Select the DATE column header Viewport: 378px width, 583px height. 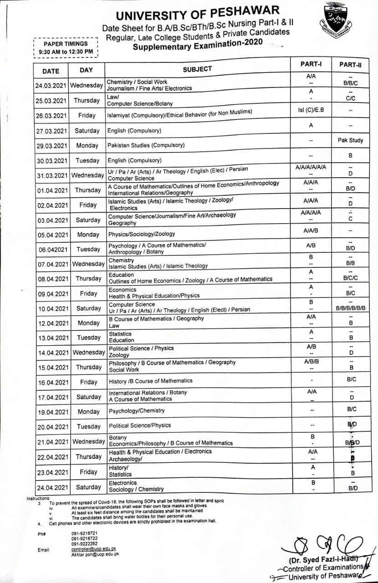pos(51,71)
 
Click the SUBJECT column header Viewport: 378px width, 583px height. pos(197,69)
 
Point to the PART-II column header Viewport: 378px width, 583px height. pos(350,65)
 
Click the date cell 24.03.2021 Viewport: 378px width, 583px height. pos(51,86)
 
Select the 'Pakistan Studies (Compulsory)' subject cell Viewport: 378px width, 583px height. pos(146,145)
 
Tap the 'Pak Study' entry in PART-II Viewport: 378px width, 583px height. pos(350,140)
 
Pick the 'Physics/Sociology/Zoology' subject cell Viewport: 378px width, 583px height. pos(141,234)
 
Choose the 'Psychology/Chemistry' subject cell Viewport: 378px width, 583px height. pos(137,411)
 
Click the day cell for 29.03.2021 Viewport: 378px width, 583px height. pos(87,146)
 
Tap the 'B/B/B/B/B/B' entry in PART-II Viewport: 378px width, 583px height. pos(350,308)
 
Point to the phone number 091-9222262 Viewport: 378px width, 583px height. pos(84,544)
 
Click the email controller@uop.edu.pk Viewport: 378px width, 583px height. pos(94,550)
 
